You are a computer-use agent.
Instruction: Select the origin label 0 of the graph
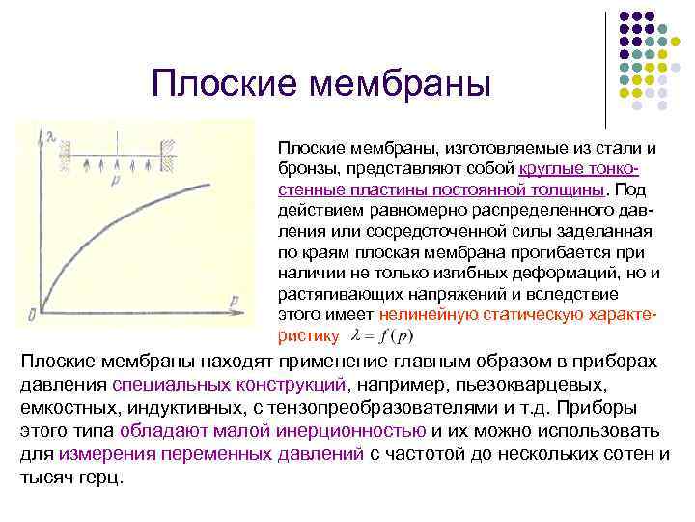(33, 312)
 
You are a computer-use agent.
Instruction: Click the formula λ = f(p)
(383, 336)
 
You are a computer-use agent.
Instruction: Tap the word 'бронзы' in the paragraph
(307, 168)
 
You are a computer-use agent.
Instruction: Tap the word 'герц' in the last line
(101, 478)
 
